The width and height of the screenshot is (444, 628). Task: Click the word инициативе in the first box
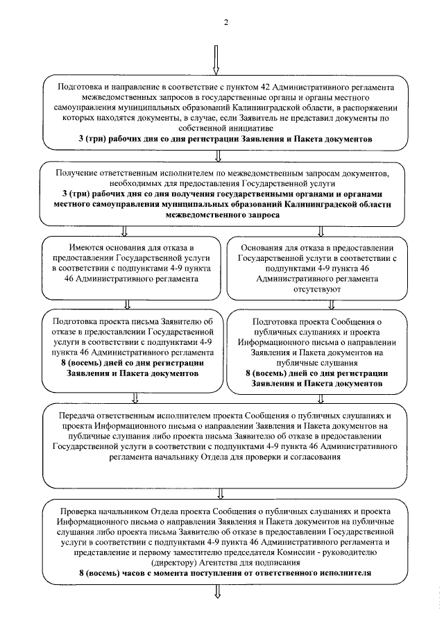point(225,128)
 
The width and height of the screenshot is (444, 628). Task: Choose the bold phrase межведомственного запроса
point(223,216)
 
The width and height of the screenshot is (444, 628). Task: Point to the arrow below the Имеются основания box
point(128,303)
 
